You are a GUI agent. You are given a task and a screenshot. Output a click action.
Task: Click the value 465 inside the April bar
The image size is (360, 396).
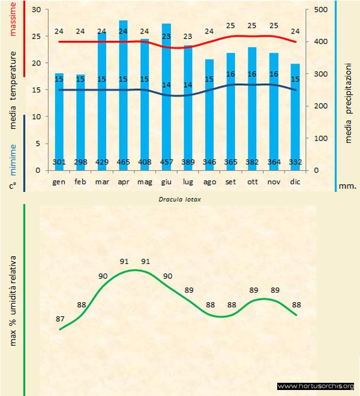124,163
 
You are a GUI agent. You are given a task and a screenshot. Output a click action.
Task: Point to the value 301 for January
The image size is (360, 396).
59,163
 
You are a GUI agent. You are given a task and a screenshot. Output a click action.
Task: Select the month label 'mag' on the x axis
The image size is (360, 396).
145,181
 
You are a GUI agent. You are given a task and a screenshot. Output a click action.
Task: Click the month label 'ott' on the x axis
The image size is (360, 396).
252,181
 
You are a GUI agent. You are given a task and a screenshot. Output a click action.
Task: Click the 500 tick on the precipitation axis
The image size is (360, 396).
320,10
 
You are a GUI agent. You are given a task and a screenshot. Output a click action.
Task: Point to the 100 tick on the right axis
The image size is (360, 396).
320,138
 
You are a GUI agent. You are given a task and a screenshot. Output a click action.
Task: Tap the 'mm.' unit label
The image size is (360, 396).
348,186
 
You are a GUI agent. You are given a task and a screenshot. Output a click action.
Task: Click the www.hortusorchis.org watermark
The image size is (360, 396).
316,386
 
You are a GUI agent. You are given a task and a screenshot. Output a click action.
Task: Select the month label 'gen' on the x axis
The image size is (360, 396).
59,181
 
